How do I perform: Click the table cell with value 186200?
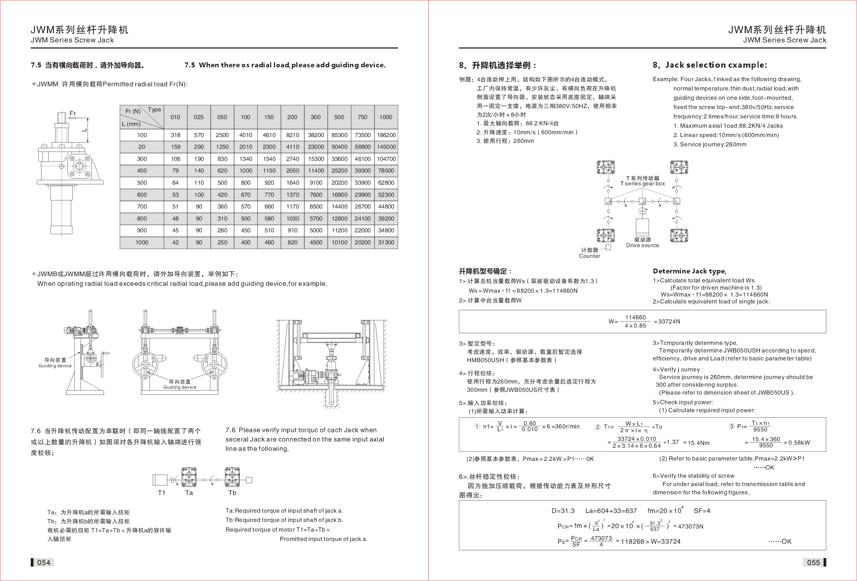point(386,135)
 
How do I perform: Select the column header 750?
point(362,117)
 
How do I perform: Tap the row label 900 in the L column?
point(142,230)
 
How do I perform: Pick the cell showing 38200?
point(316,135)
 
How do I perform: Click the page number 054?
point(44,562)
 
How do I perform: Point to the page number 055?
point(813,562)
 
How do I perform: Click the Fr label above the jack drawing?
point(73,114)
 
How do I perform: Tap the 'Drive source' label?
point(642,245)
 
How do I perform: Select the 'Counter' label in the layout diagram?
point(589,256)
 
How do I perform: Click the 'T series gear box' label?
point(642,184)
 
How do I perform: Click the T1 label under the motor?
point(162,493)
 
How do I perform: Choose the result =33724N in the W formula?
point(667,321)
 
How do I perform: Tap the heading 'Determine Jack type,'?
point(689,271)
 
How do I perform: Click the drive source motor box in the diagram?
point(642,227)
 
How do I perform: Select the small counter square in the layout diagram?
point(608,248)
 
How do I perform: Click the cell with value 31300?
point(386,243)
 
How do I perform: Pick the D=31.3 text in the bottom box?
point(563,511)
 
